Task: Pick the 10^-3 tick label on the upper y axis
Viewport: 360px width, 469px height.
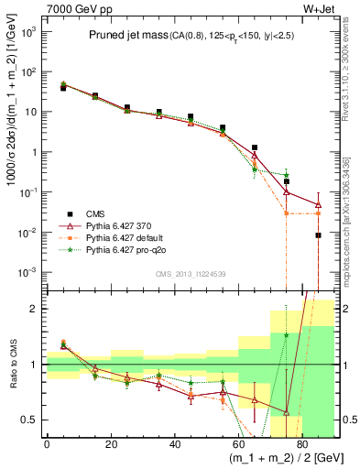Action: click(x=28, y=273)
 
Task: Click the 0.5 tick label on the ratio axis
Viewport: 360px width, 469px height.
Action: click(x=29, y=420)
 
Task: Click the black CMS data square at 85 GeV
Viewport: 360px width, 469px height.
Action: click(x=318, y=235)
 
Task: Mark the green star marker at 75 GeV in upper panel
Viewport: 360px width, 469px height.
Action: click(x=287, y=175)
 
